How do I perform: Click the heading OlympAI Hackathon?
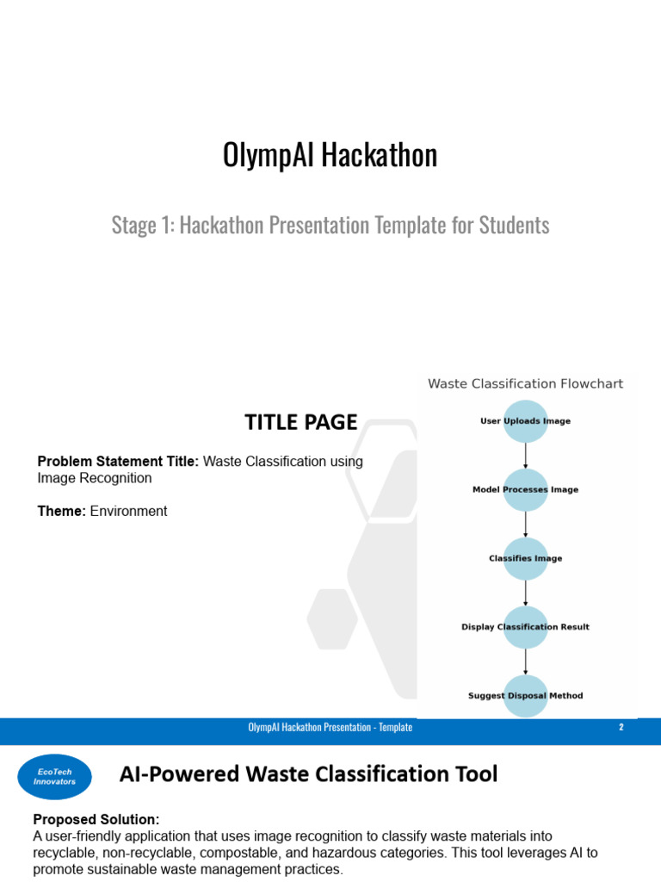(x=330, y=156)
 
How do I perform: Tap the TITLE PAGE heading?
(x=300, y=422)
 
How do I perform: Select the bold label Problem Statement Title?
(x=118, y=462)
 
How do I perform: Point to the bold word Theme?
(x=61, y=512)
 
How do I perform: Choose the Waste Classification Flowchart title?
(x=525, y=384)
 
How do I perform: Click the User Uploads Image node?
(x=525, y=421)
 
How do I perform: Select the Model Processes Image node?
(x=525, y=490)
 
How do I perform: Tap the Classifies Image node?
(x=525, y=558)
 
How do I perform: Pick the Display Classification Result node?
(x=525, y=627)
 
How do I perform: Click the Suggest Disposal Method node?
(x=525, y=696)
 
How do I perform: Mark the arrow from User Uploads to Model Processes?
(x=525, y=456)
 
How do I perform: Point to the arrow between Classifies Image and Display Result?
(x=525, y=593)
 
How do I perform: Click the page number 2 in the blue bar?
(x=621, y=727)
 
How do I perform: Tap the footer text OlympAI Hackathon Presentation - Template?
(x=330, y=728)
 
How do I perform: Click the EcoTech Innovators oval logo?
(x=54, y=776)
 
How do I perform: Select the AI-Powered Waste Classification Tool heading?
(x=308, y=774)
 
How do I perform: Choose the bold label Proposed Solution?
(x=96, y=819)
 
